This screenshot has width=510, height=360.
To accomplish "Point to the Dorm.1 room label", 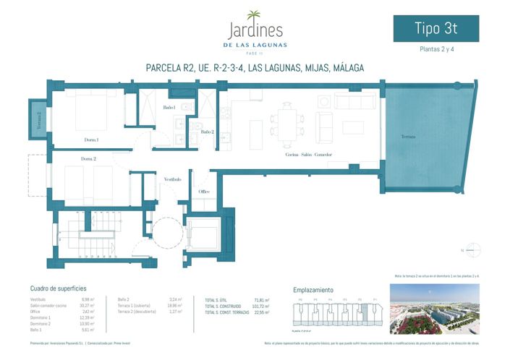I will (x=90, y=140).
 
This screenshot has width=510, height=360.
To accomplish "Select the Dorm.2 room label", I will (x=89, y=158).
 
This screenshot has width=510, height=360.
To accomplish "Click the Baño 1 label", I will (x=169, y=108).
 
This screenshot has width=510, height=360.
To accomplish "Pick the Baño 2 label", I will (x=207, y=132).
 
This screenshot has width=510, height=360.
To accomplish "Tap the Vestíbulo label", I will (x=171, y=179).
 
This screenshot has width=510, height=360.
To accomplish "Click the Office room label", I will (x=204, y=192).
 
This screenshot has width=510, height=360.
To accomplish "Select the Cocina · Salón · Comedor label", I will (x=308, y=155).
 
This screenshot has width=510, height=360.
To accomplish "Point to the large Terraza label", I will (x=410, y=137).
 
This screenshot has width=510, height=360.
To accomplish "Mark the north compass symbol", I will (x=471, y=249).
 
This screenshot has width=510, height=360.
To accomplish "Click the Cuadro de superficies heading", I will (x=59, y=288).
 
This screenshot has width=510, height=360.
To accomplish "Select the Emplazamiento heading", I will (x=313, y=289).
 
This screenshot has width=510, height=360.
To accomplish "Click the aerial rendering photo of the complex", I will (x=434, y=309).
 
